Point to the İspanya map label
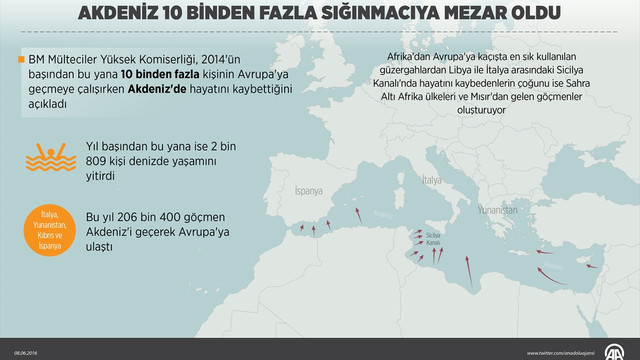[x=306, y=187]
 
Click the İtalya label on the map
[x=432, y=180]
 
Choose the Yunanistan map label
[x=498, y=212]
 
